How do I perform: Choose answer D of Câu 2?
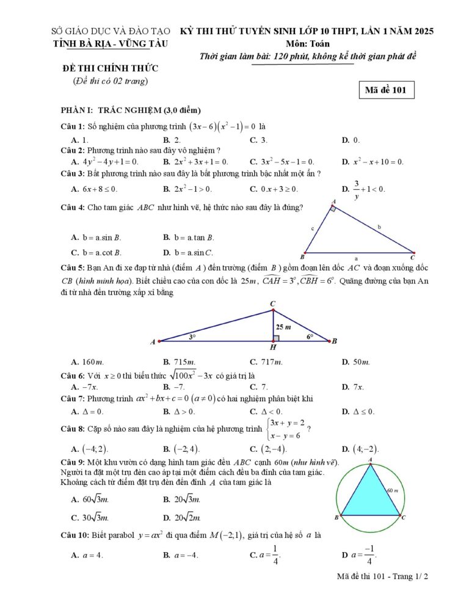tap(373, 162)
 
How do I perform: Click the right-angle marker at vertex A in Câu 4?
tap(333, 209)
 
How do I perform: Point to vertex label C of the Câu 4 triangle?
tap(413, 257)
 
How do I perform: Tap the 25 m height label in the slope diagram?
tap(283, 327)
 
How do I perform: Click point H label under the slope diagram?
tap(273, 347)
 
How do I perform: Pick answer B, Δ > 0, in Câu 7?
tap(176, 411)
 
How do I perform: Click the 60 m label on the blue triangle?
tap(392, 490)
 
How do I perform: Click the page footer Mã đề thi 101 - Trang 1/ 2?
tap(383, 576)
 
